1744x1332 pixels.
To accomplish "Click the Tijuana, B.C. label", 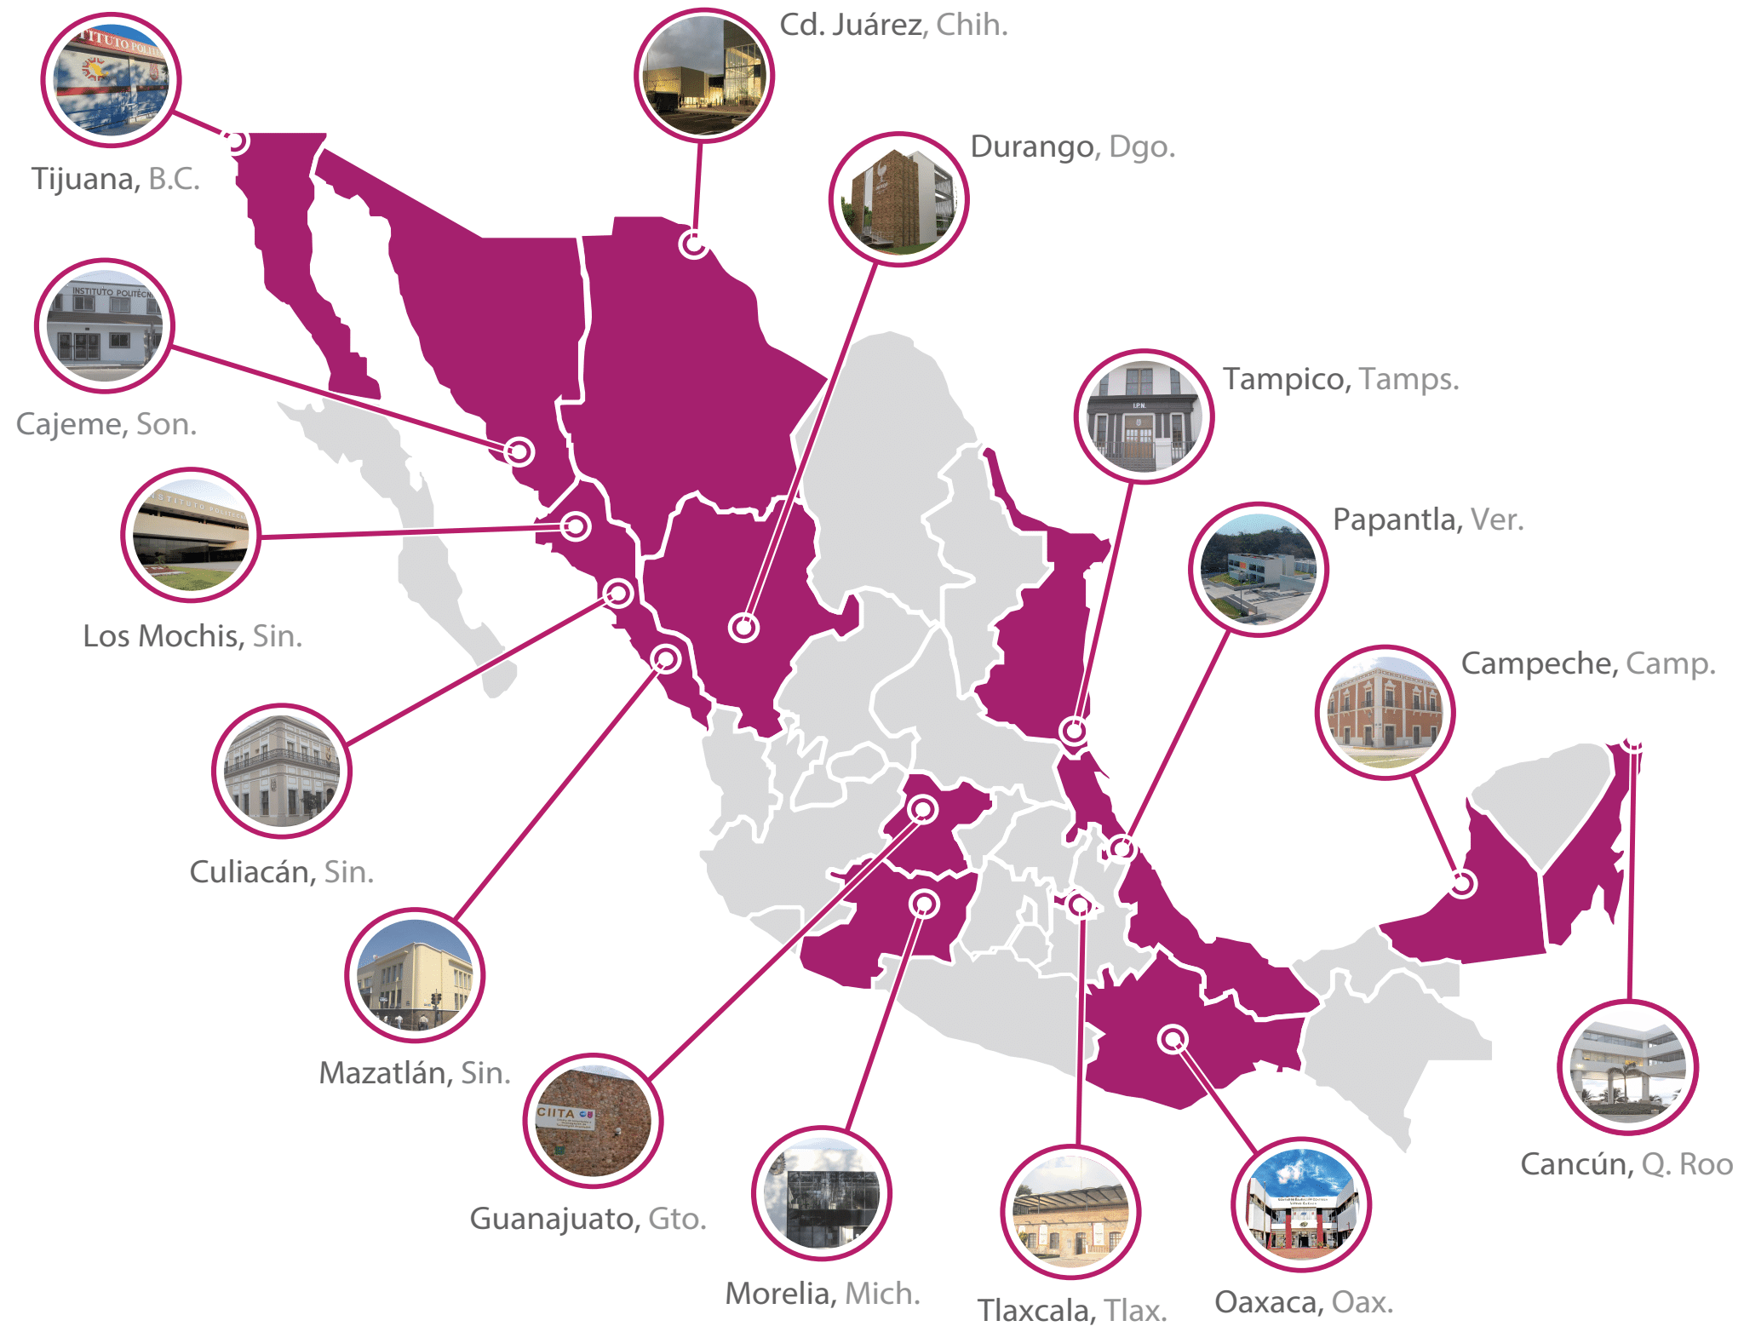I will pyautogui.click(x=115, y=179).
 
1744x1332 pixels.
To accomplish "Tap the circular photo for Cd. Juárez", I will pyautogui.click(x=704, y=76).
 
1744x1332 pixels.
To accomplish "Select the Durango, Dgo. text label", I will pyautogui.click(x=1072, y=146).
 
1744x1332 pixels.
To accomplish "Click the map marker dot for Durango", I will pyautogui.click(x=743, y=628).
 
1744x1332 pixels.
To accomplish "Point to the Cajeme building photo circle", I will pyautogui.click(x=104, y=325).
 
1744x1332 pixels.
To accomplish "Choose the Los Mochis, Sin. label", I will pyautogui.click(x=192, y=635).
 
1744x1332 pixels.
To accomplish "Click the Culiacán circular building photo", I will pyautogui.click(x=281, y=771).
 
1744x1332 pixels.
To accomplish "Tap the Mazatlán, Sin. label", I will pyautogui.click(x=415, y=1072).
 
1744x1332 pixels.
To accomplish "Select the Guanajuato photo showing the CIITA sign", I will pyautogui.click(x=593, y=1121).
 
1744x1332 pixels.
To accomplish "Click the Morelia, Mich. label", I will pyautogui.click(x=823, y=1293).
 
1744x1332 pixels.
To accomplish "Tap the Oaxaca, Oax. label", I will pyautogui.click(x=1303, y=1301).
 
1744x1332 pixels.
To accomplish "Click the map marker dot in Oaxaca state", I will pyautogui.click(x=1173, y=1039).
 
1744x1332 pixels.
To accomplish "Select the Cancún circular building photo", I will pyautogui.click(x=1627, y=1067).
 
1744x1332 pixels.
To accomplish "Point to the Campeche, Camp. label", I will pyautogui.click(x=1588, y=663).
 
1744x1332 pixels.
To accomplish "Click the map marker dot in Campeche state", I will pyautogui.click(x=1462, y=884).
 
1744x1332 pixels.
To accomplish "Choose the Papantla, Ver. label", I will pyautogui.click(x=1428, y=519).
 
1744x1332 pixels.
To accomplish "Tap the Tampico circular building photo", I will pyautogui.click(x=1144, y=416).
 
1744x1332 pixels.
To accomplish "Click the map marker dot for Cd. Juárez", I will pyautogui.click(x=694, y=244).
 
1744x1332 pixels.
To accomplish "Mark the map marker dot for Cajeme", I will pyautogui.click(x=519, y=451).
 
